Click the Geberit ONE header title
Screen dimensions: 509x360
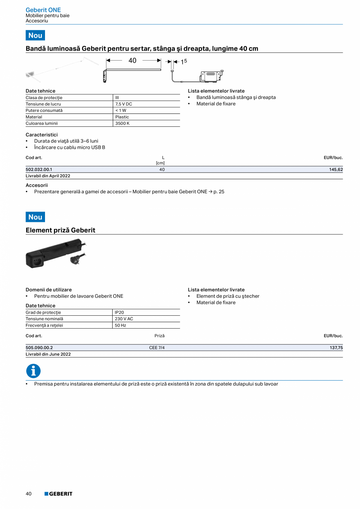pyautogui.click(x=43, y=10)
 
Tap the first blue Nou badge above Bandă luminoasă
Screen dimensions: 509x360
pyautogui.click(x=35, y=35)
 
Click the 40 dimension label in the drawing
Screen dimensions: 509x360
pyautogui.click(x=132, y=61)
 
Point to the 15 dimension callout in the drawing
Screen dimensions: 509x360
pyautogui.click(x=184, y=61)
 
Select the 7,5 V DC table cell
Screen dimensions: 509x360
pyautogui.click(x=124, y=104)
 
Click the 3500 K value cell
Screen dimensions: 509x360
pyautogui.click(x=122, y=123)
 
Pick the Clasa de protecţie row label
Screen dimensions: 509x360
pyautogui.click(x=44, y=98)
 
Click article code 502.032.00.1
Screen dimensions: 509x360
pyautogui.click(x=39, y=169)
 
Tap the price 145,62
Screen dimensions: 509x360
pyautogui.click(x=336, y=169)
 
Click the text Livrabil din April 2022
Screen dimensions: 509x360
pyautogui.click(x=48, y=176)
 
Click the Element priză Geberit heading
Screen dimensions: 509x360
pyautogui.click(x=60, y=230)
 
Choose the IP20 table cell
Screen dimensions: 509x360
pyautogui.click(x=119, y=312)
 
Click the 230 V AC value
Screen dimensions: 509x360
pyautogui.click(x=124, y=318)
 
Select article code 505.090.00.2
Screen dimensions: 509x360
pyautogui.click(x=39, y=347)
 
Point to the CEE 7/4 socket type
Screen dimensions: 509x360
pyautogui.click(x=157, y=347)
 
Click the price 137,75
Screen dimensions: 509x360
pyautogui.click(x=336, y=347)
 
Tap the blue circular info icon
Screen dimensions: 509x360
pyautogui.click(x=33, y=371)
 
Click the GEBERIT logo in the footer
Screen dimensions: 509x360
pyautogui.click(x=58, y=494)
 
